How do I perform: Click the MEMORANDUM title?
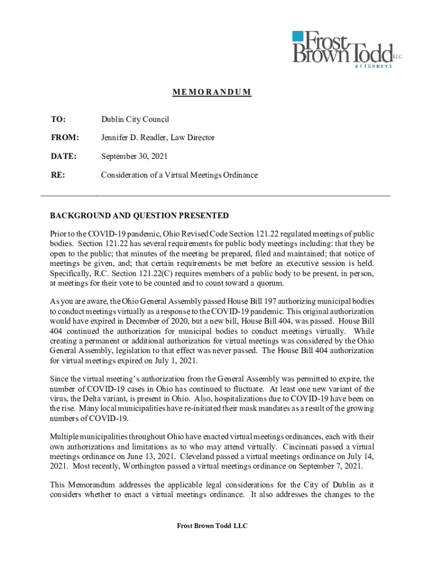[212, 92]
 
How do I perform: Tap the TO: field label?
[58, 119]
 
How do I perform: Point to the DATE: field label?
[63, 157]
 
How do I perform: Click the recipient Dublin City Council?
[135, 119]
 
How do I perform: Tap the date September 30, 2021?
[135, 157]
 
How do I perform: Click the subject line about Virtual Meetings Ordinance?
[179, 175]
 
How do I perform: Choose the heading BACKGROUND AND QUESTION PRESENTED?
[139, 216]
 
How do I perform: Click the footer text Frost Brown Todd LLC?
[212, 526]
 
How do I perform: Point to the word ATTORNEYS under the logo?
[373, 66]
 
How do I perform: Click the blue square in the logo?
[298, 36]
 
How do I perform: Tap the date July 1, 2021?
[178, 361]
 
